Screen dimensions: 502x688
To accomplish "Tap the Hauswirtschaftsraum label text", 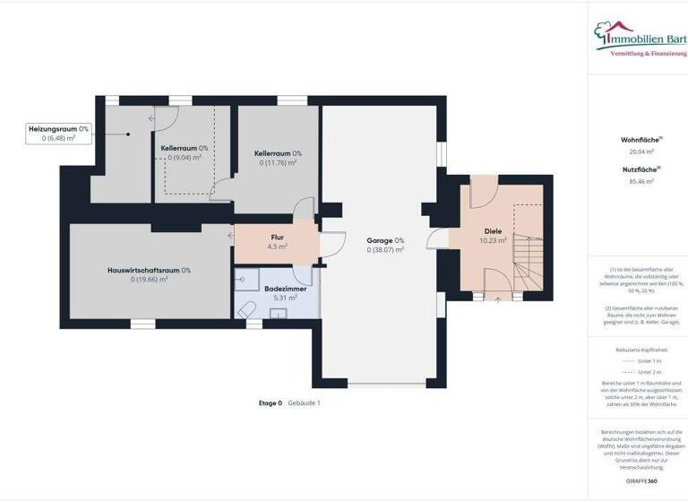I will (143, 270).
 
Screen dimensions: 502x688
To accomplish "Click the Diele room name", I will (494, 231).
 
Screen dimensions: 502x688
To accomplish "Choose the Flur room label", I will (278, 238).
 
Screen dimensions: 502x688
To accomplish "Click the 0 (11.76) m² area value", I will (278, 162).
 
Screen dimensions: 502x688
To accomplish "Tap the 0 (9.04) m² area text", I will (185, 157).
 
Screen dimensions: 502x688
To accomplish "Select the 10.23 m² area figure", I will (494, 240).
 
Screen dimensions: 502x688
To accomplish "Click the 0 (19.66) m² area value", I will (149, 279).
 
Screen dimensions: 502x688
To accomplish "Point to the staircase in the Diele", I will (526, 251).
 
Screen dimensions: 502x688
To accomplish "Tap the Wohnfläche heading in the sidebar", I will (641, 140).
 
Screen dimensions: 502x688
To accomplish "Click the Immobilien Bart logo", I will (640, 40).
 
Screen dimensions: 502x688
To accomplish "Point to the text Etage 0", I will (270, 402).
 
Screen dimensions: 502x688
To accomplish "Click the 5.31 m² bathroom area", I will (278, 298).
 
